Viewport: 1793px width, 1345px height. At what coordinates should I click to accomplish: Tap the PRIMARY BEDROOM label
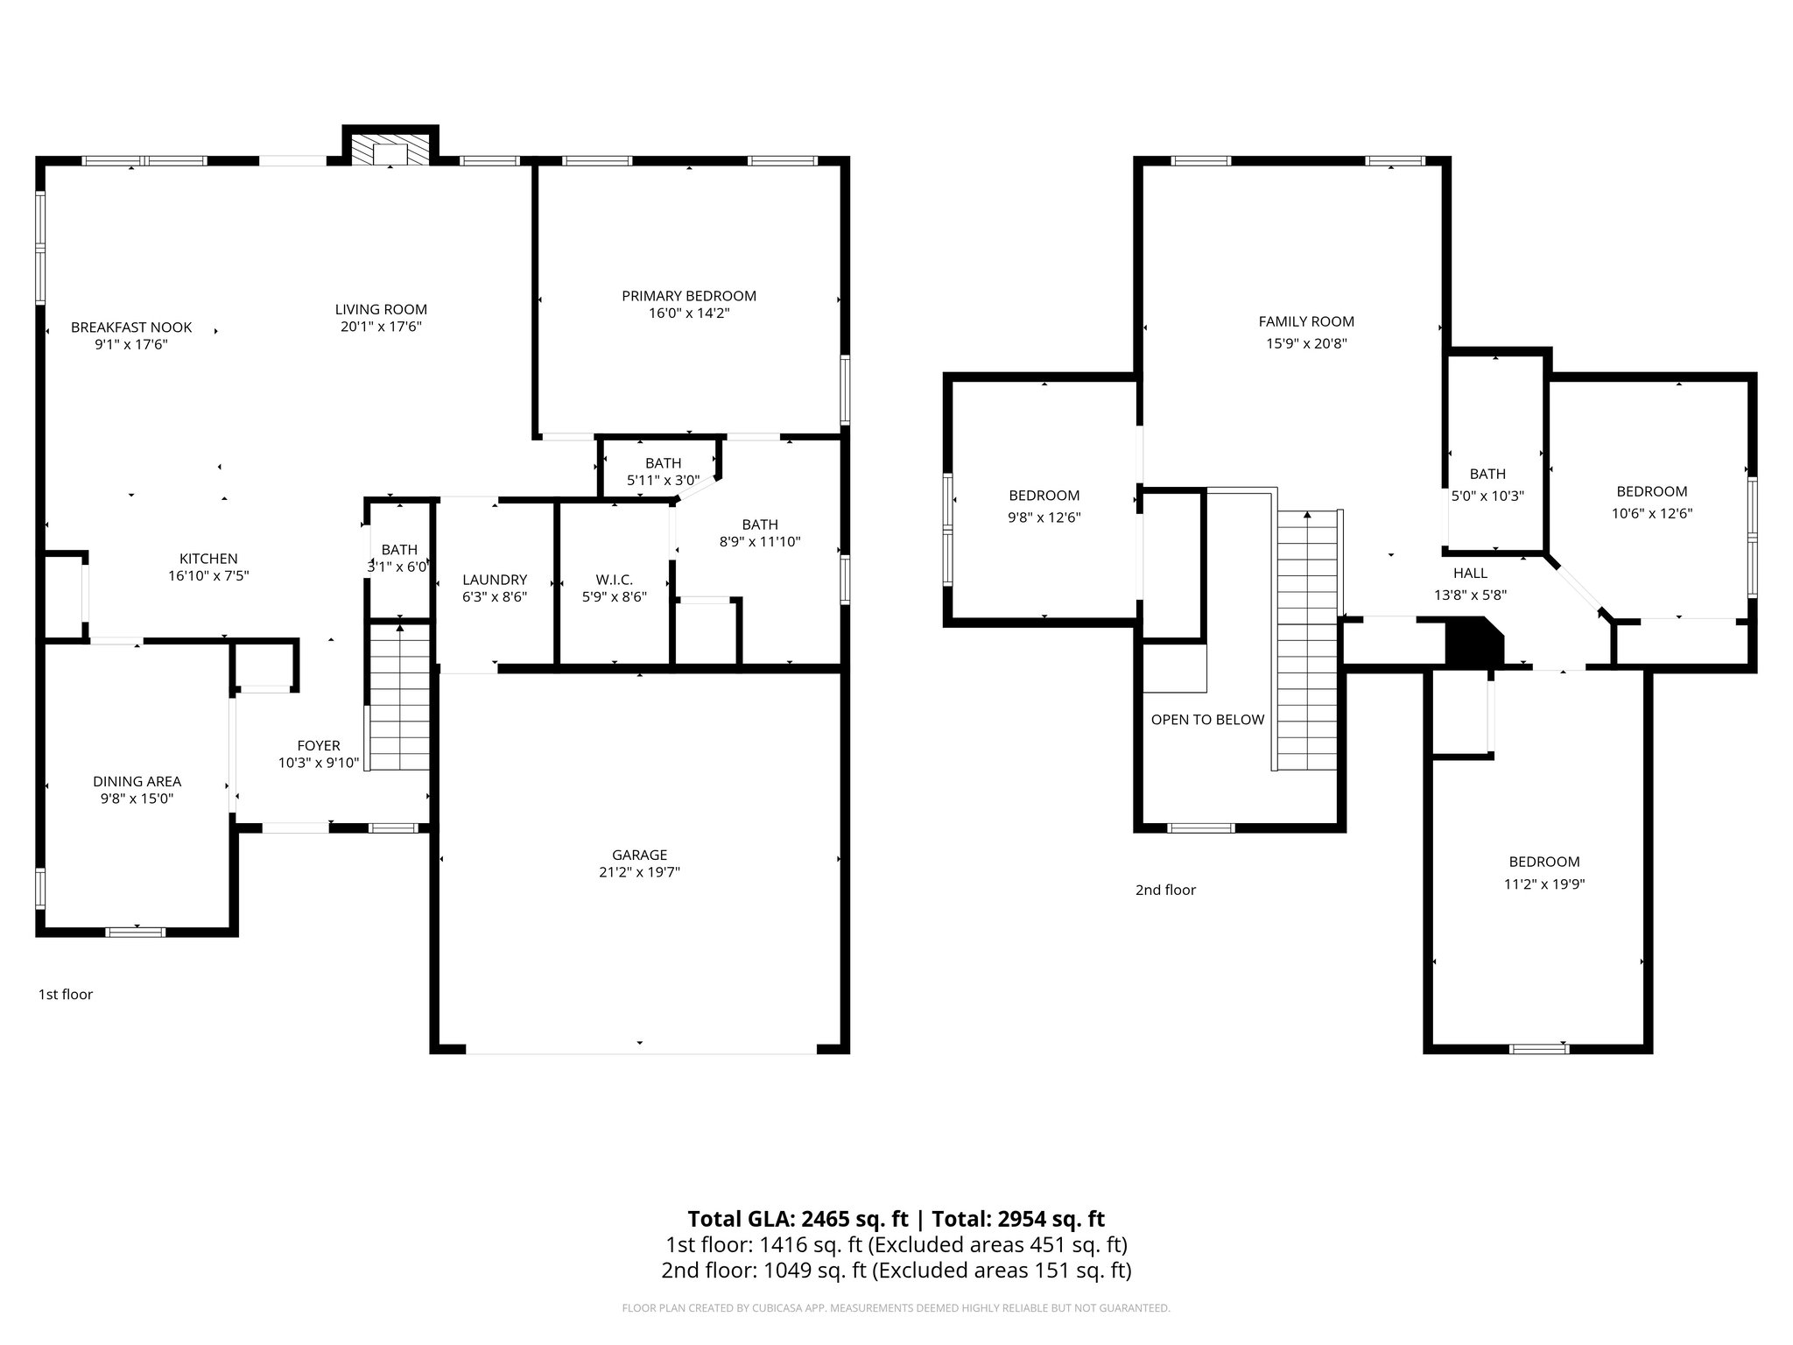tap(689, 296)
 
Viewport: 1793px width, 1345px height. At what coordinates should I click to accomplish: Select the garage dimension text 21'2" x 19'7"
tap(639, 872)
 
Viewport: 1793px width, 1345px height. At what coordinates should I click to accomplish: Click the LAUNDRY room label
tap(495, 580)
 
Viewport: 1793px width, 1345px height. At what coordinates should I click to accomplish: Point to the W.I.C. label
tap(614, 580)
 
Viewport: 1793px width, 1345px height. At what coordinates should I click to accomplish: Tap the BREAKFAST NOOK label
tap(131, 327)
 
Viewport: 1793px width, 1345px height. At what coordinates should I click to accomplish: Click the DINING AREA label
tap(137, 781)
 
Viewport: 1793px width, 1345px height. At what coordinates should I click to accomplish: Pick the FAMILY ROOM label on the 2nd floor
tap(1306, 321)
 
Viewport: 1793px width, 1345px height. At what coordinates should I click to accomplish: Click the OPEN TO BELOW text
tap(1207, 720)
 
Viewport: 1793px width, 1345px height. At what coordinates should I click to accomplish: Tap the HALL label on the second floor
tap(1470, 573)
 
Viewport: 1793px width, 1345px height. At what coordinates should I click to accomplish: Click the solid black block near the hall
tap(1473, 641)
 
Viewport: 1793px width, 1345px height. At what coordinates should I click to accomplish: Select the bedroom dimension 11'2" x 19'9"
tap(1544, 884)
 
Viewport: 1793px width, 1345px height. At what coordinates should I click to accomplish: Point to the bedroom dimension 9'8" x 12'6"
tap(1044, 518)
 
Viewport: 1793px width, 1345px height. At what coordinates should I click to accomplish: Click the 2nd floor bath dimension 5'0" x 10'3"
tap(1488, 496)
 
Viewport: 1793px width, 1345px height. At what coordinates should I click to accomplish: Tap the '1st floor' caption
tap(65, 994)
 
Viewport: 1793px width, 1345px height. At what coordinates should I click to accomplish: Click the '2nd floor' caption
tap(1165, 890)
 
